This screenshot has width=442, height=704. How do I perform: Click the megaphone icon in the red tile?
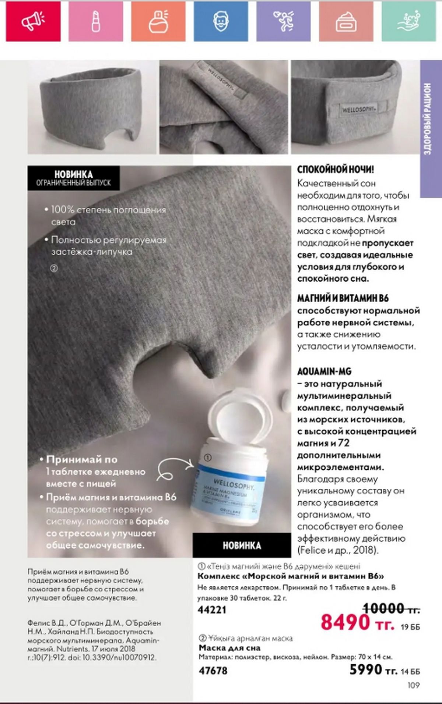click(x=33, y=21)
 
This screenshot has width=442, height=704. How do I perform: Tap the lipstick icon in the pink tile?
click(x=96, y=21)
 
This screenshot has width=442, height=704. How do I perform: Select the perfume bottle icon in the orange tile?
click(x=159, y=21)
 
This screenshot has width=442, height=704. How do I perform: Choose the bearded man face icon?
click(x=221, y=21)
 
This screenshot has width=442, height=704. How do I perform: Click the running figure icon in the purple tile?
click(x=283, y=21)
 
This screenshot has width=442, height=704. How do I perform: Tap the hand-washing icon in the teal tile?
click(x=408, y=21)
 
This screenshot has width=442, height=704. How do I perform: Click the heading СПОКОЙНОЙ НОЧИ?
click(x=336, y=170)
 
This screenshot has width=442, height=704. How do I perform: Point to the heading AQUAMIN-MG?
click(x=324, y=371)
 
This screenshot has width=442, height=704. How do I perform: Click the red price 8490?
click(x=345, y=622)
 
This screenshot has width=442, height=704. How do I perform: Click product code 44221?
click(x=212, y=610)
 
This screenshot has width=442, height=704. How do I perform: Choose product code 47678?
click(x=213, y=671)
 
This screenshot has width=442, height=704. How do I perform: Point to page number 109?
click(x=414, y=685)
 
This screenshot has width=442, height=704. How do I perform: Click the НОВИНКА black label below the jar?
click(x=242, y=545)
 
